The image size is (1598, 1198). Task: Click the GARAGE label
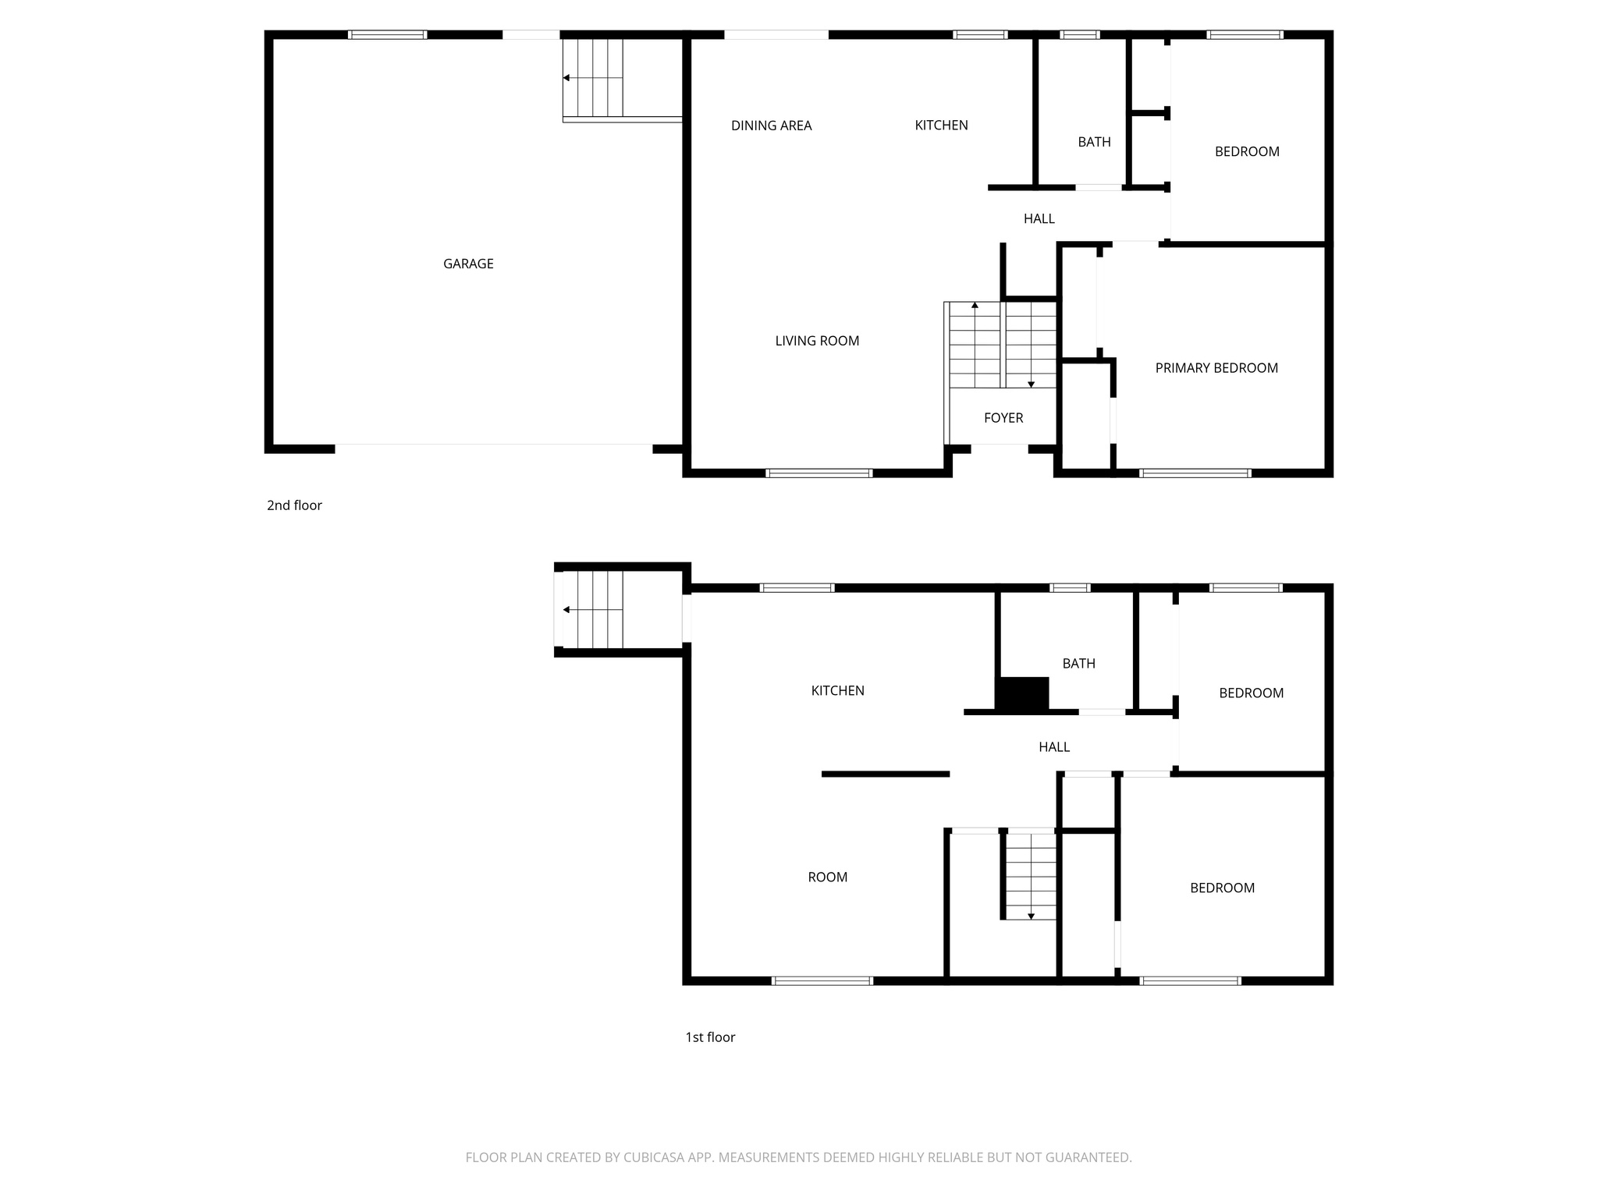pos(468,264)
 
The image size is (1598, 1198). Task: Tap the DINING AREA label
pos(771,126)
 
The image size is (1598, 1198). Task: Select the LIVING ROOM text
pos(817,341)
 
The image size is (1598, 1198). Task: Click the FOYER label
pos(1003,418)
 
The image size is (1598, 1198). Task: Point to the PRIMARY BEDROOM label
pos(1216,368)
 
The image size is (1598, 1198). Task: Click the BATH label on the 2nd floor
pos(1094,142)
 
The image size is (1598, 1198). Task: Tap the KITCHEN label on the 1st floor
pos(837,690)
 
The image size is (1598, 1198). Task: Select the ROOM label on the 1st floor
pos(827,877)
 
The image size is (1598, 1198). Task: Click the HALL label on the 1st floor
pos(1054,747)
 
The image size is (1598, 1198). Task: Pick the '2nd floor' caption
pos(294,505)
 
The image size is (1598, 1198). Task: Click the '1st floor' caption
pos(710,1037)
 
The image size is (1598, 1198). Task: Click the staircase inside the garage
pos(594,78)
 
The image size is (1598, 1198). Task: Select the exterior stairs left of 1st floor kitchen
pos(594,609)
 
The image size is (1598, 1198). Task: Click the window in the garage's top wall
pos(387,34)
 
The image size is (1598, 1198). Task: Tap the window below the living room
pos(819,473)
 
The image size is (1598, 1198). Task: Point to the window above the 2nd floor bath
pos(1079,34)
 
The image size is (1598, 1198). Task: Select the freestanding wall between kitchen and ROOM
pos(885,774)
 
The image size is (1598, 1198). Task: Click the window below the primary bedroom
pos(1195,473)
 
